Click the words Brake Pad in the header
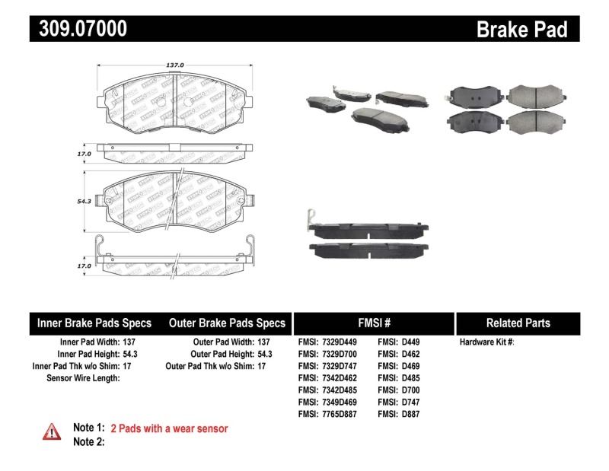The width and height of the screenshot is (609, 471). pyautogui.click(x=522, y=29)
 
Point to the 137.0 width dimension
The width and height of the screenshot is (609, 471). pyautogui.click(x=175, y=65)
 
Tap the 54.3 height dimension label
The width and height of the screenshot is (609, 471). pyautogui.click(x=84, y=201)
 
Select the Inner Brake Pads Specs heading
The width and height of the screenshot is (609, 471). pyautogui.click(x=94, y=323)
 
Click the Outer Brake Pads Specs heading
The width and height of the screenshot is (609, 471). pyautogui.click(x=227, y=323)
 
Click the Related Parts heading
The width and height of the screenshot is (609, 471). pyautogui.click(x=518, y=323)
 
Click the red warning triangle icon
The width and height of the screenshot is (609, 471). pyautogui.click(x=52, y=431)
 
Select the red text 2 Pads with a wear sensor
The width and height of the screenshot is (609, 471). pyautogui.click(x=169, y=428)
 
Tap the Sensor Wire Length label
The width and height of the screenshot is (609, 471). pyautogui.click(x=83, y=378)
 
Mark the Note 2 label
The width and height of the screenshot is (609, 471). pyautogui.click(x=88, y=441)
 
